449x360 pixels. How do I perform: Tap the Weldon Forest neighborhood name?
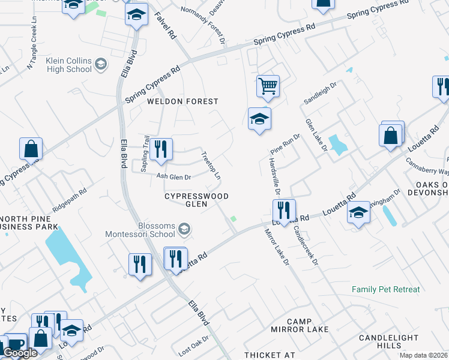[x=183, y=101]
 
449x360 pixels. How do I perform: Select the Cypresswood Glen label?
[x=196, y=200]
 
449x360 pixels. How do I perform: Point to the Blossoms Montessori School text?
[x=140, y=229]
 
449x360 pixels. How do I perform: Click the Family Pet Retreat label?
[x=386, y=289]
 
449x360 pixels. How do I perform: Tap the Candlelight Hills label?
[x=388, y=342]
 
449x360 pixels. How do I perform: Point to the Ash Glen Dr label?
[x=173, y=177]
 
